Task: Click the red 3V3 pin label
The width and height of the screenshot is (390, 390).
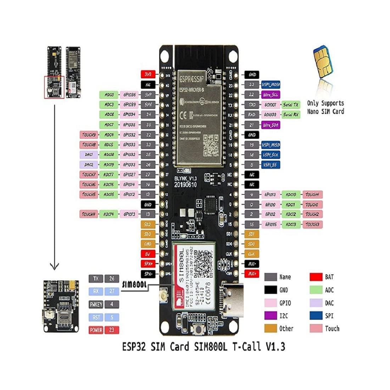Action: tap(148, 74)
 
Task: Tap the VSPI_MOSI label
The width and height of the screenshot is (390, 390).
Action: tap(271, 85)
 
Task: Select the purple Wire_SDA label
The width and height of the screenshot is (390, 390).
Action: tap(271, 125)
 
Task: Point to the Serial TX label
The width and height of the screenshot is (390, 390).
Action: tap(291, 105)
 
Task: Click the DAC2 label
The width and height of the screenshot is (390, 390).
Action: tap(89, 165)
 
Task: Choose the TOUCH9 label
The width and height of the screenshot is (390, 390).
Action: tap(89, 135)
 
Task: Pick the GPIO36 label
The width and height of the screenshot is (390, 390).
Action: tap(129, 95)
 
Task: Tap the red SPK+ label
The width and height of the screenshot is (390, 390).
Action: tap(148, 264)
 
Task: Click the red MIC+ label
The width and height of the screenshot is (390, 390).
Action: tap(252, 273)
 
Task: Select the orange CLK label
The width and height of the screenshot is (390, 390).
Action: tap(251, 254)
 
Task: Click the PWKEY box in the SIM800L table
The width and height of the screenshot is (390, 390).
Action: tap(96, 304)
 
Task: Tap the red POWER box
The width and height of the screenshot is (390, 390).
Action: tap(96, 330)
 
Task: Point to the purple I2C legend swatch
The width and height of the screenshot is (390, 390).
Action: tap(271, 316)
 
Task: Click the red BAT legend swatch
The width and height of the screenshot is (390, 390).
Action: tap(316, 277)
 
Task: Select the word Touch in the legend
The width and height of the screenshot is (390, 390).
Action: tap(332, 329)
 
